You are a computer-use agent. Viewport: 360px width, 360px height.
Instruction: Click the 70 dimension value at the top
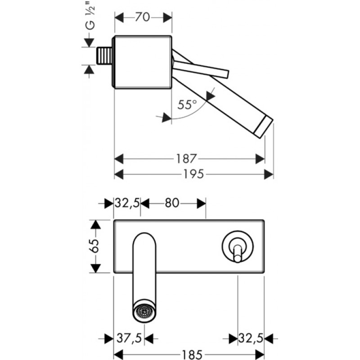coord(143,18)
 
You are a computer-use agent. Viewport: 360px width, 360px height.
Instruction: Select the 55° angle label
coord(187,105)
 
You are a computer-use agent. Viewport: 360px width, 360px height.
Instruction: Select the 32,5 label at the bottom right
coord(251,337)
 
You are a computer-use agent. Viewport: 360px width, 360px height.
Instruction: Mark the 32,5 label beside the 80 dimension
coord(127,203)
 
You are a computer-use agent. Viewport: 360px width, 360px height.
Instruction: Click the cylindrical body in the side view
coord(143,61)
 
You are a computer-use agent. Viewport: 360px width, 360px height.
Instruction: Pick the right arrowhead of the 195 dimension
coord(270,174)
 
